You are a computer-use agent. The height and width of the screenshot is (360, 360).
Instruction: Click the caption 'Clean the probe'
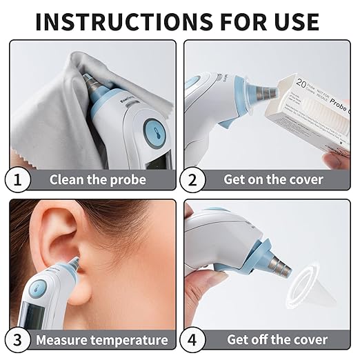pos(97,179)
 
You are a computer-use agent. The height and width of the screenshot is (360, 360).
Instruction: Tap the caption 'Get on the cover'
pos(273,179)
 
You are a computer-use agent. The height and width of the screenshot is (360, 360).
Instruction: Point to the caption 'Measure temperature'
pos(101,339)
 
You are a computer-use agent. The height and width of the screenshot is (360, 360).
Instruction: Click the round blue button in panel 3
pos(39,286)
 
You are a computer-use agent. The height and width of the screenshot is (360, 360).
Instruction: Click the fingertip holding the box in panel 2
pos(334,159)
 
